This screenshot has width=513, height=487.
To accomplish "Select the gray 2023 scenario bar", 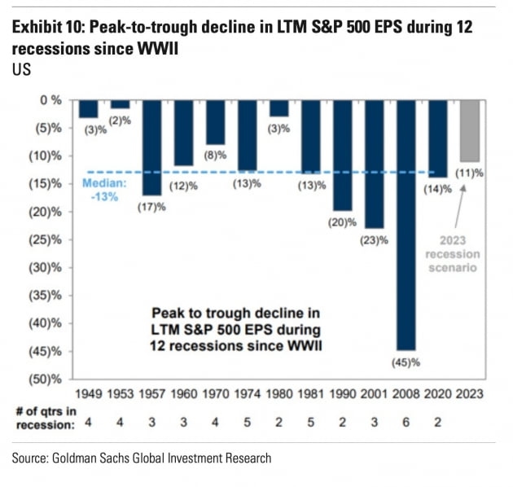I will [471, 131].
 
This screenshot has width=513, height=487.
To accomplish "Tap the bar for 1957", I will [151, 147].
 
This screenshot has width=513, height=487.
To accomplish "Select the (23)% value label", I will [375, 240].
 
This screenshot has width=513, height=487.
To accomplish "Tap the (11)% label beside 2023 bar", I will [471, 173].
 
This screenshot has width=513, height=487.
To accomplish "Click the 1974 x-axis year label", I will [247, 394].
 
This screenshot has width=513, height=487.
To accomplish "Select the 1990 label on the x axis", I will [343, 394].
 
